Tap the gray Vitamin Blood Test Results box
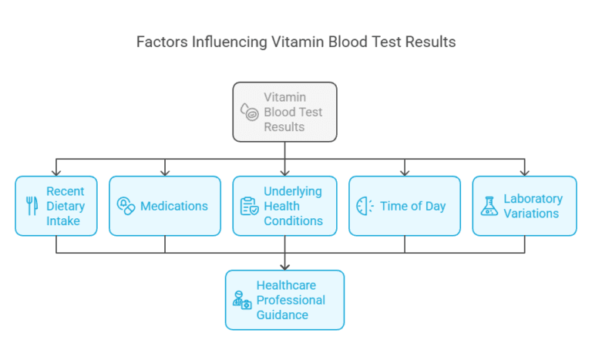(284, 112)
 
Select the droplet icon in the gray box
(249, 113)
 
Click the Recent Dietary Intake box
(56, 206)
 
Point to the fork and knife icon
(32, 206)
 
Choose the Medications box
(165, 206)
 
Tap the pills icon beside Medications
(126, 206)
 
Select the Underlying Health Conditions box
(284, 206)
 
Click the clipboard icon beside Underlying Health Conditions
(249, 206)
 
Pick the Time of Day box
(405, 206)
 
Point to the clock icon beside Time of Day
(365, 206)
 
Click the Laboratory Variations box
(524, 206)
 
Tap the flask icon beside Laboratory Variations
(489, 206)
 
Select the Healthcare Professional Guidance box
(284, 300)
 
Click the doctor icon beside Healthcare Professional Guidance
(241, 300)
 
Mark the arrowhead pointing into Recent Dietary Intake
(56, 172)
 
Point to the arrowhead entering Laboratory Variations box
(524, 172)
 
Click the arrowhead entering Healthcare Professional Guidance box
(284, 266)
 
